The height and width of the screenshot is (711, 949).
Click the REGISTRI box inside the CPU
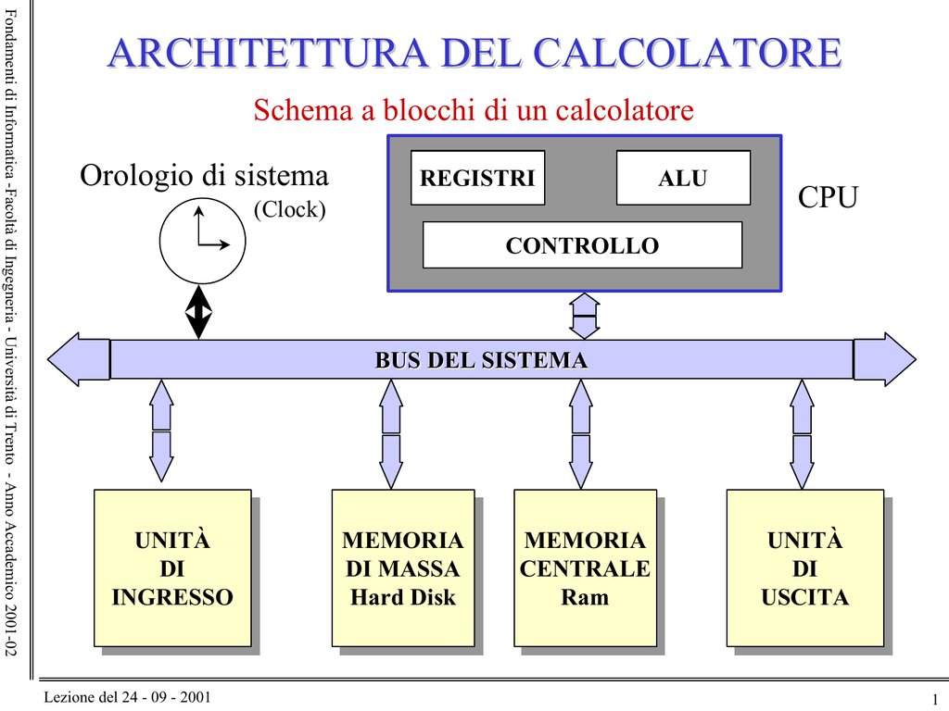[477, 178]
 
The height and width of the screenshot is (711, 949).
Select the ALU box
[683, 178]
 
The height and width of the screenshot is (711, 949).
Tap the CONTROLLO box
[582, 244]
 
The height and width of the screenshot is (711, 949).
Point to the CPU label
[828, 196]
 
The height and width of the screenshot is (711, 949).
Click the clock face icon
[203, 241]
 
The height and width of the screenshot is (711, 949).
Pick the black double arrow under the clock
[198, 312]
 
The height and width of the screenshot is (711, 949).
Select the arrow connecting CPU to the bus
[585, 316]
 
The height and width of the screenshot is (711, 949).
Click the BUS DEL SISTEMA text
[481, 360]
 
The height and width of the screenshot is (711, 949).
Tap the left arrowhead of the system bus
[79, 359]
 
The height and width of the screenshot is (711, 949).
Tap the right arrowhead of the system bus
[884, 359]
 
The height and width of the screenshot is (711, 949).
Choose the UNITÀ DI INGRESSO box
[172, 568]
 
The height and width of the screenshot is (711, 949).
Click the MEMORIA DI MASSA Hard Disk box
[403, 568]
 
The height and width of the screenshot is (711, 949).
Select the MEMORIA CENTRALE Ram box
[586, 568]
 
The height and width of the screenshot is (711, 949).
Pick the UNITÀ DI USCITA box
[805, 568]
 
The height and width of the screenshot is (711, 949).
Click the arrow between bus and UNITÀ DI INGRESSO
[161, 430]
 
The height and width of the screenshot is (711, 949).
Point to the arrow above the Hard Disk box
[391, 434]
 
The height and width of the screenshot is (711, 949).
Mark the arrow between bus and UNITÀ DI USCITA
[802, 434]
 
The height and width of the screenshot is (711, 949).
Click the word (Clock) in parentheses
[289, 209]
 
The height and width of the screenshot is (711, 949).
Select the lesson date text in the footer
[127, 697]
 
